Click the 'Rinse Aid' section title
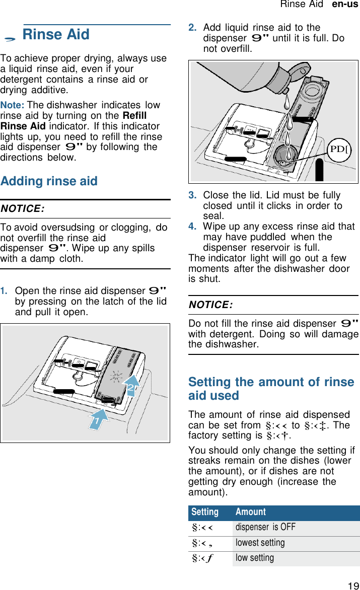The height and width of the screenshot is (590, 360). click(56, 35)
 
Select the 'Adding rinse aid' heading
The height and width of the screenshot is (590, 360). click(49, 181)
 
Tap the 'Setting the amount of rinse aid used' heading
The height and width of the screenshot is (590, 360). click(271, 389)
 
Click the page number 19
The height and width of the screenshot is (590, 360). click(353, 585)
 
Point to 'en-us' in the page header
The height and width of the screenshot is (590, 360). click(345, 5)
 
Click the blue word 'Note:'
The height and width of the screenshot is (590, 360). click(13, 106)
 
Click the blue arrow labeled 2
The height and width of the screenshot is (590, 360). click(130, 388)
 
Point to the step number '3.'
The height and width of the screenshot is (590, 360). click(192, 195)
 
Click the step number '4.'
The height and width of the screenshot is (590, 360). click(192, 227)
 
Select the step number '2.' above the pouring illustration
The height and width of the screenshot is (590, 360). click(192, 28)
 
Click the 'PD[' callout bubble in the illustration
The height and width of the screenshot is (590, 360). click(339, 150)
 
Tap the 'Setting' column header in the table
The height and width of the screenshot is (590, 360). click(205, 512)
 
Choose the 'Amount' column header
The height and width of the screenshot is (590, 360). click(250, 512)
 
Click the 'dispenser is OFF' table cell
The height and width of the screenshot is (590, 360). click(265, 528)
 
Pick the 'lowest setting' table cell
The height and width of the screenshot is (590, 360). click(260, 543)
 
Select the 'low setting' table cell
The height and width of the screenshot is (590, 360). click(255, 558)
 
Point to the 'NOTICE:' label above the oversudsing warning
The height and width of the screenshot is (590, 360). click(22, 209)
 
